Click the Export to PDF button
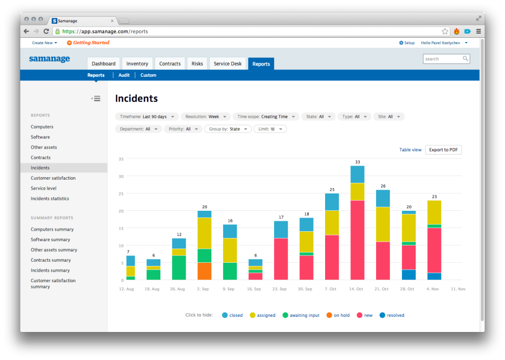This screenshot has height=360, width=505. click(x=443, y=150)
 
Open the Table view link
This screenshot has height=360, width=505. click(x=410, y=150)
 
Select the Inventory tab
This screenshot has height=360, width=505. click(x=137, y=64)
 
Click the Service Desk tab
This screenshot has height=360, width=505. click(x=228, y=64)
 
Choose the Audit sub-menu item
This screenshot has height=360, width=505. click(x=124, y=75)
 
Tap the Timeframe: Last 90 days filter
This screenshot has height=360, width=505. click(x=146, y=117)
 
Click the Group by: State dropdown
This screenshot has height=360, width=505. click(x=228, y=129)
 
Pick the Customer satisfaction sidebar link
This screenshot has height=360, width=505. click(x=53, y=178)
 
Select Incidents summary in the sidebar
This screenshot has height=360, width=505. click(x=50, y=271)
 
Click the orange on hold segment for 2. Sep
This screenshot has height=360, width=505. click(x=205, y=271)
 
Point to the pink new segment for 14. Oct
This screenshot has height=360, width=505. click(x=358, y=240)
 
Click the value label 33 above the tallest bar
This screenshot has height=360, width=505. click(x=358, y=162)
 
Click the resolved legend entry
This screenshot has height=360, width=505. click(x=392, y=315)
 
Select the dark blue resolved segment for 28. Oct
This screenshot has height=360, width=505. click(x=409, y=275)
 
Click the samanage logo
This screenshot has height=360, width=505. click(x=49, y=59)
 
